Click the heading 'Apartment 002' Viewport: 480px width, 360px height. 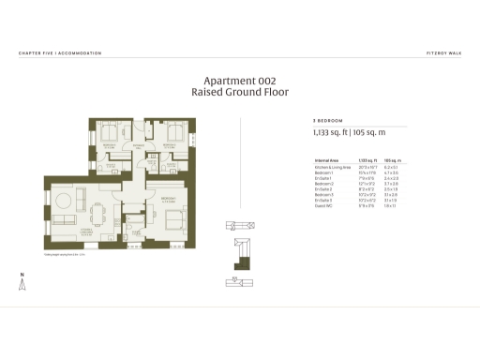click(x=239, y=82)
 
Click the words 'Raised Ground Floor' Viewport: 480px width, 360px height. click(x=239, y=93)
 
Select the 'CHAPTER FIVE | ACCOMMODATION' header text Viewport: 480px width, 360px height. click(x=60, y=53)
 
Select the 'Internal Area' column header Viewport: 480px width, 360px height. click(x=325, y=161)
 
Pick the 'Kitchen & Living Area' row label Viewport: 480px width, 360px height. click(x=332, y=168)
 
